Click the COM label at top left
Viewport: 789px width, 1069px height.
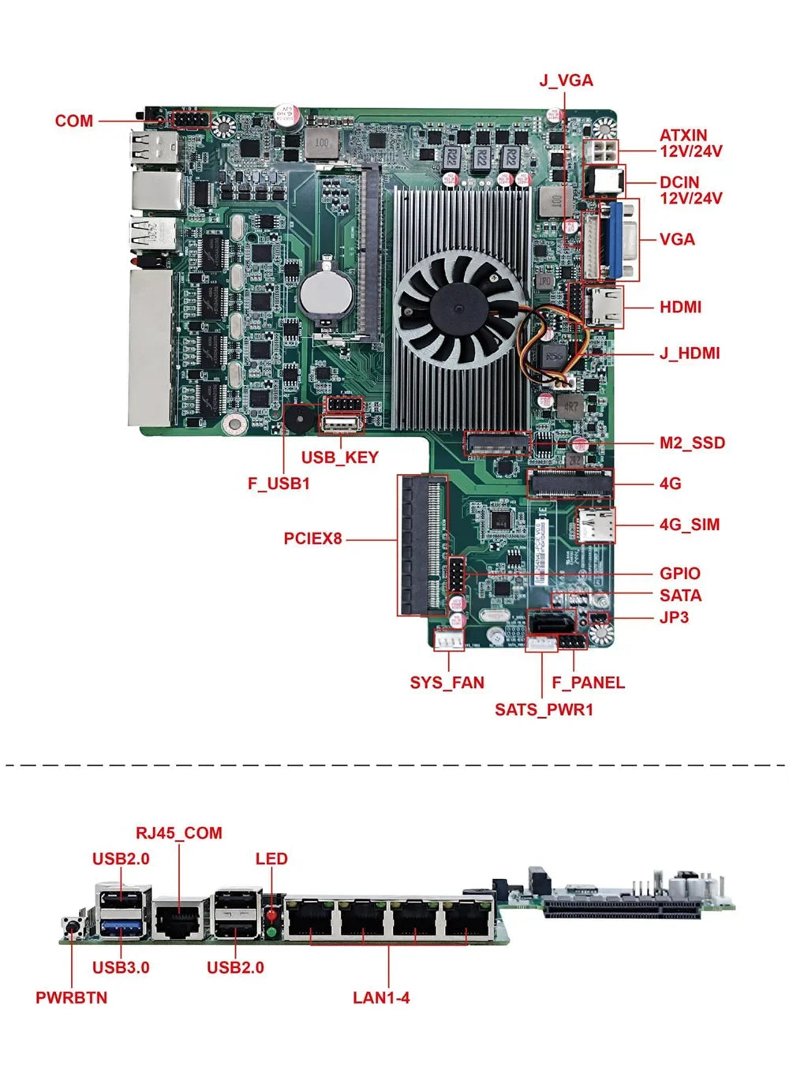tap(73, 121)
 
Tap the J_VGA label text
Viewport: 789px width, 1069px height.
tap(566, 80)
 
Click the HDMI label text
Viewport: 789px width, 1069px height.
tap(680, 307)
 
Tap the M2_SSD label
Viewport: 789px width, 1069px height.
tap(691, 443)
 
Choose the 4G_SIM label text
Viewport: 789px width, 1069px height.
tap(689, 525)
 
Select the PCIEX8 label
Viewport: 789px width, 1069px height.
tap(312, 539)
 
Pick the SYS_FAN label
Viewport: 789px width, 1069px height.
tap(447, 682)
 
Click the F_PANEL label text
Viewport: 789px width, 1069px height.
tap(588, 682)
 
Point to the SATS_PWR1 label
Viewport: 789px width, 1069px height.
tap(544, 709)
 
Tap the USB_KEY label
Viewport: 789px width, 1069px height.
tap(339, 458)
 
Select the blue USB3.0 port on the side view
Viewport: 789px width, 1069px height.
tap(122, 925)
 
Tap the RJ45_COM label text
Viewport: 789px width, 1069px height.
tap(178, 833)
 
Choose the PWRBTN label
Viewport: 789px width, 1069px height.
tap(71, 998)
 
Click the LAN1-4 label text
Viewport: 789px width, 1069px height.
tap(381, 998)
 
